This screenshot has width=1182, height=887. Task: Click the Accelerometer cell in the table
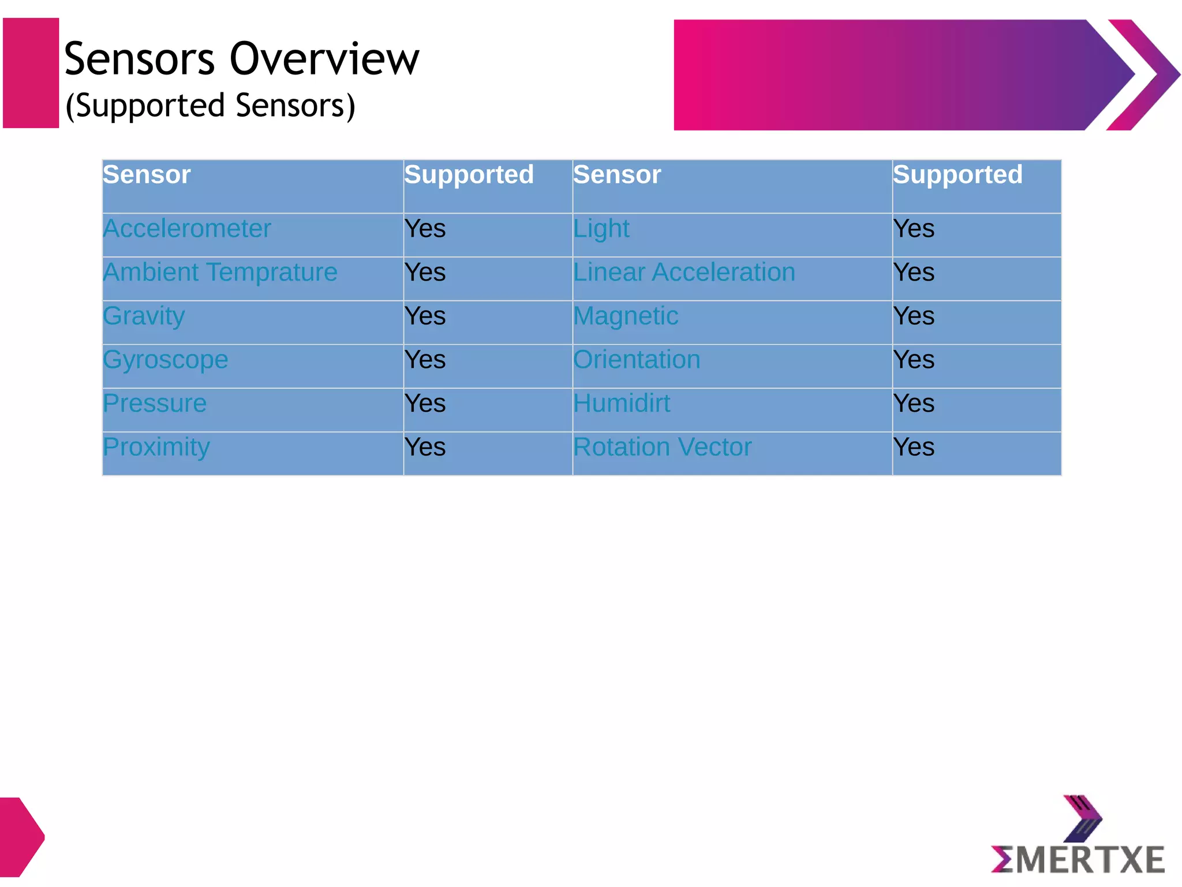[x=187, y=229]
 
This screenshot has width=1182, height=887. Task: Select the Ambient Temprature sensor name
[x=220, y=272]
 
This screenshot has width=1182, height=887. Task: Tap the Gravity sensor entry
[x=144, y=316]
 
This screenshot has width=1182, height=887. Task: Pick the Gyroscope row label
[x=166, y=360]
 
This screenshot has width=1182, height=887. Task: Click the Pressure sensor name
[x=155, y=403]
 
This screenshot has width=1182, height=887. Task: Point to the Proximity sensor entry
[x=156, y=447]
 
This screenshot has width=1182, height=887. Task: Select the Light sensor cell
[x=601, y=229]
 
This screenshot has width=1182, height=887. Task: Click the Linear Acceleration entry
[x=684, y=272]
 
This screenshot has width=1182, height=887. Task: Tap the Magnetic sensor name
[x=626, y=316]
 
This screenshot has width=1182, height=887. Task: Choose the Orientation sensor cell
[x=637, y=360]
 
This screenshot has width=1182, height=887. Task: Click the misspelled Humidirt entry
[x=622, y=403]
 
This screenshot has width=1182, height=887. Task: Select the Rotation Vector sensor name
[x=662, y=447]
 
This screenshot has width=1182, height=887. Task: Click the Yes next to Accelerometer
[x=425, y=229]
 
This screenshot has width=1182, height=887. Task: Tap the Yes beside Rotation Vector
[x=914, y=447]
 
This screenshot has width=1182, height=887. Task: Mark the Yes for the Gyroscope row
[x=425, y=360]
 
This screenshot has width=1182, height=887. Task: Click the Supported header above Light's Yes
[x=957, y=174]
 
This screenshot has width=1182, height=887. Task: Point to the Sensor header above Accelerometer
[x=147, y=174]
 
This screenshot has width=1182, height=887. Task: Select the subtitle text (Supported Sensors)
[x=211, y=106]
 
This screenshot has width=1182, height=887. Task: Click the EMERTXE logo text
[x=1078, y=859]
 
